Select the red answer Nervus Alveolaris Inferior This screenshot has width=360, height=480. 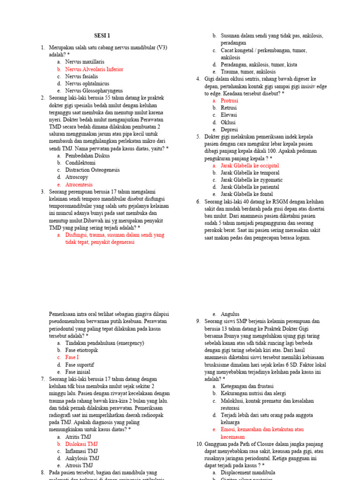94,69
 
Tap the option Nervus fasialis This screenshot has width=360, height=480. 82,76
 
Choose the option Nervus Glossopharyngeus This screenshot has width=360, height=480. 94,90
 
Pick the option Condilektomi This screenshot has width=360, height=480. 80,163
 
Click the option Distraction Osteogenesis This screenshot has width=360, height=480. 92,170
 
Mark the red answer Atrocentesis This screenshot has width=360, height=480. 79,185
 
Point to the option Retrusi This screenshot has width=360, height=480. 229,108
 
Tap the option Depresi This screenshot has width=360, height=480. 229,129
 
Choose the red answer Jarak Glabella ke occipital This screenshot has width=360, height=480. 249,165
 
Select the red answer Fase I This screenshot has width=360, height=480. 72,357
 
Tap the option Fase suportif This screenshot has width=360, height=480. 80,365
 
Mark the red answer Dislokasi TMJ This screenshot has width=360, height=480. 81,444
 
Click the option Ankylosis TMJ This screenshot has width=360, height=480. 82,458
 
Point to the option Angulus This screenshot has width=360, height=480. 230,314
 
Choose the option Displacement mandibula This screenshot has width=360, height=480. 248,472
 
